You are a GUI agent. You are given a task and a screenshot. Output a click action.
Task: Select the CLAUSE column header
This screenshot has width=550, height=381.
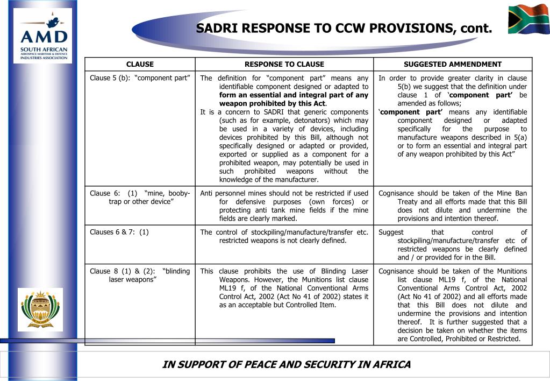(x=140, y=64)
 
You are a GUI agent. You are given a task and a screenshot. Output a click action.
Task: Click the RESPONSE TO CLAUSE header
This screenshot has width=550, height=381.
(x=284, y=64)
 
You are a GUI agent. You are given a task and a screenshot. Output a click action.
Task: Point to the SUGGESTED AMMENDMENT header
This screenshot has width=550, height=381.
(x=453, y=64)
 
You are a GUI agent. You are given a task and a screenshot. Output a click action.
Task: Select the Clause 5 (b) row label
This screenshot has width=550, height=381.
(x=140, y=78)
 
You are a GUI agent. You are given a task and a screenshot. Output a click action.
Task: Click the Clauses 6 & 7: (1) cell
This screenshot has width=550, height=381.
(x=119, y=232)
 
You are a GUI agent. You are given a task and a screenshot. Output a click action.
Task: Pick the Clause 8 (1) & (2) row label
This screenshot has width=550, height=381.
(x=140, y=275)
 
